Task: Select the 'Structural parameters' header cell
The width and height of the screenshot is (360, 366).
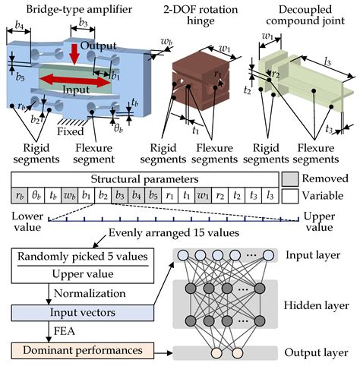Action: coord(144,179)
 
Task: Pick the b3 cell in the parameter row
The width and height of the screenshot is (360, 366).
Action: coord(119,195)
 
